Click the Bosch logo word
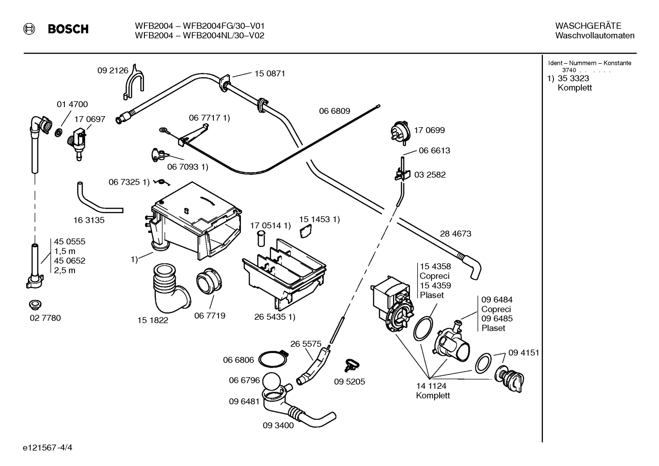coord(68,29)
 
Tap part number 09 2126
coord(113,70)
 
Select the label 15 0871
coord(270,73)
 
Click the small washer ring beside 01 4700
coord(58,133)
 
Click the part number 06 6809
coord(335,111)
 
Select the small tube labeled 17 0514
coord(260,239)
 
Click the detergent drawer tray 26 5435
coord(284,274)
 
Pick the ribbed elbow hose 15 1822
coord(170,289)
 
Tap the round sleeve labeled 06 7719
coord(209,281)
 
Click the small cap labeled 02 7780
coord(35,305)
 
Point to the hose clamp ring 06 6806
coord(272,359)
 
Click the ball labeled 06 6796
coord(271,381)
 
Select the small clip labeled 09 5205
coord(351,365)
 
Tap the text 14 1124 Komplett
coord(432,391)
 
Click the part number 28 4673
coord(456,233)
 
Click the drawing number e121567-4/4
coord(48,447)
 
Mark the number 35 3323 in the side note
coord(574,78)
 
